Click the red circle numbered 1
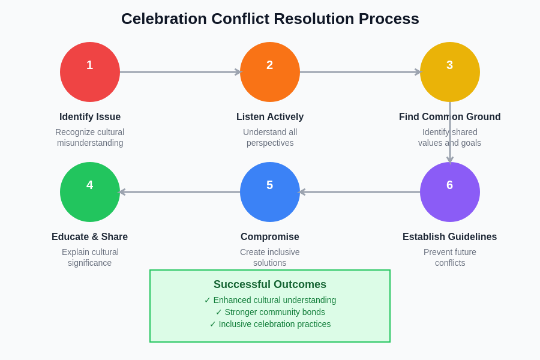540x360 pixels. pyautogui.click(x=90, y=72)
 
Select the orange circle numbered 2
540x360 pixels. pyautogui.click(x=270, y=72)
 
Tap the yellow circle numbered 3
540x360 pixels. pyautogui.click(x=450, y=72)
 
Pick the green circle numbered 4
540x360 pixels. pyautogui.click(x=90, y=192)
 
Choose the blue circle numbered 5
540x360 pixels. pyautogui.click(x=270, y=192)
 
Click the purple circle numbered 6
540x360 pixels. pyautogui.click(x=450, y=192)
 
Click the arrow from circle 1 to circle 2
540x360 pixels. pyautogui.click(x=180, y=72)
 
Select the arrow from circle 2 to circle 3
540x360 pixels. pyautogui.click(x=360, y=72)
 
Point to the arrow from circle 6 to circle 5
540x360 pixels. pyautogui.click(x=360, y=192)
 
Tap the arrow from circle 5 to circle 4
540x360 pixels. pyautogui.click(x=180, y=192)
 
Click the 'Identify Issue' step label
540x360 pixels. pyautogui.click(x=90, y=117)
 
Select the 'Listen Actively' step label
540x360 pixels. pyautogui.click(x=270, y=117)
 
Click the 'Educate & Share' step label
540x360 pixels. pyautogui.click(x=90, y=237)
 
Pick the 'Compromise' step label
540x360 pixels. pyautogui.click(x=270, y=237)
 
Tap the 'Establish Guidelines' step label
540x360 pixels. pyautogui.click(x=450, y=237)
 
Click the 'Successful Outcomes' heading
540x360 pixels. pyautogui.click(x=270, y=284)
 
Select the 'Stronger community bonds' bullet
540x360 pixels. pyautogui.click(x=270, y=312)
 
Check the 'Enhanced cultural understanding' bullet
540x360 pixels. pyautogui.click(x=270, y=300)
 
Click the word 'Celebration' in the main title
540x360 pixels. pyautogui.click(x=160, y=19)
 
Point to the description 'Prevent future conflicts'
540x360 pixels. pyautogui.click(x=450, y=257)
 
